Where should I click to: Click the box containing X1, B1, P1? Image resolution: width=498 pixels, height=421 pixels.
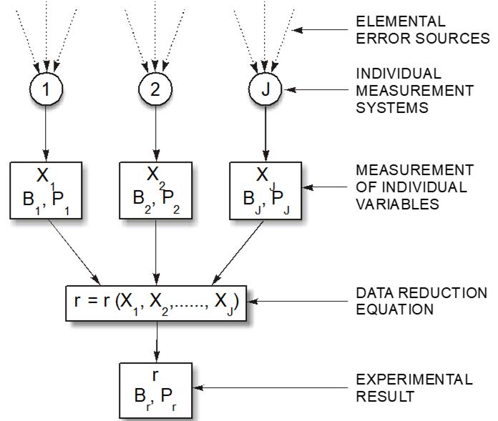pos(47,189)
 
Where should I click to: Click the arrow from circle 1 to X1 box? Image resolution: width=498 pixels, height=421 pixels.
pos(47,133)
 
